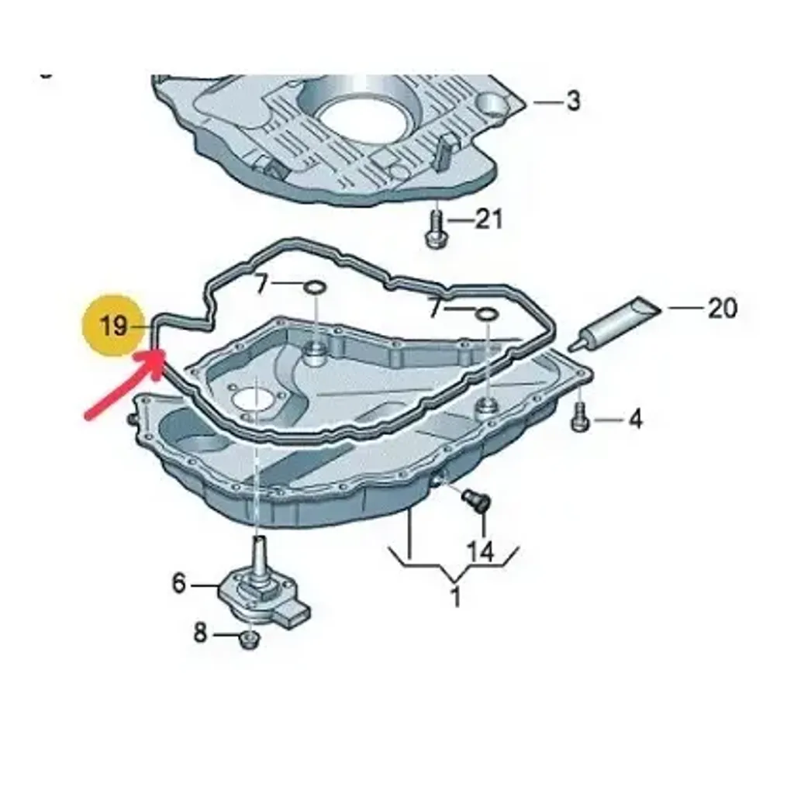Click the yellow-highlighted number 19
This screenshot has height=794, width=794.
113,325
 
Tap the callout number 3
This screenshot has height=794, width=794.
573,101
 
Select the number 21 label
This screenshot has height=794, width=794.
488,219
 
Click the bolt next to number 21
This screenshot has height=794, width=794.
435,230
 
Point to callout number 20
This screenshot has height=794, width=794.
722,308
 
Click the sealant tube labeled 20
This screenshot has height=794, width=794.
614,323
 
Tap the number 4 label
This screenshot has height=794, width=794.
635,419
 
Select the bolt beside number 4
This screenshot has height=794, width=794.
580,416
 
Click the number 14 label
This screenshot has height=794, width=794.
479,551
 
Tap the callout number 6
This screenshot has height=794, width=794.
179,583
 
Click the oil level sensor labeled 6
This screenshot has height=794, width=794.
264,588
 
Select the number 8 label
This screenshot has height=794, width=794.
201,633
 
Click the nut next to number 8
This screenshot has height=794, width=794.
249,640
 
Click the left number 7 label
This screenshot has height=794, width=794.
261,284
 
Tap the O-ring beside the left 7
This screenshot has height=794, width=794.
315,288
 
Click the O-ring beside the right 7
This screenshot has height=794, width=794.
487,315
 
